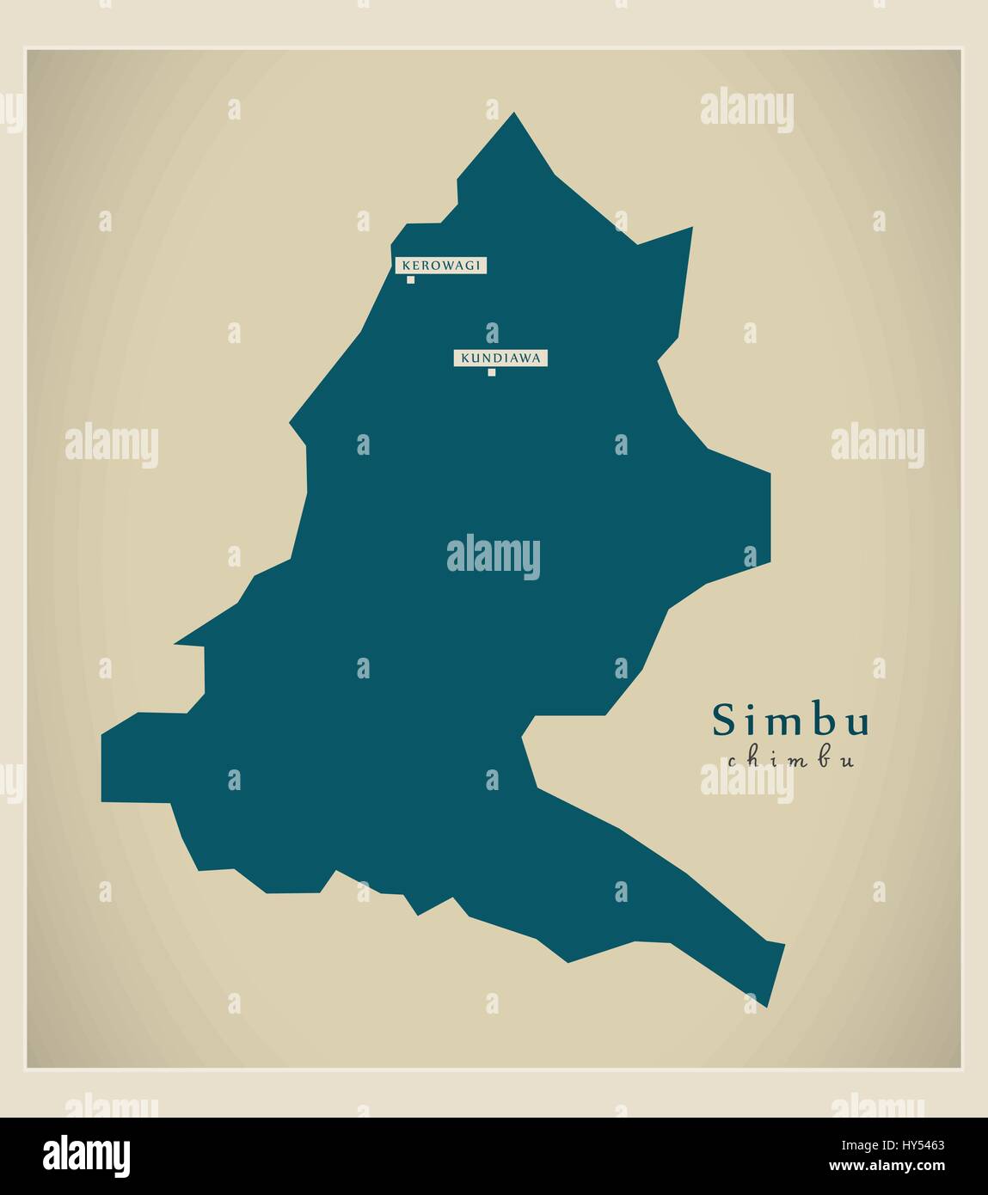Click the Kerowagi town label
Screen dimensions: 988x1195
pos(440,266)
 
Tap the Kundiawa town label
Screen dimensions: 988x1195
pos(500,358)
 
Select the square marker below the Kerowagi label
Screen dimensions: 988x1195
pos(411,279)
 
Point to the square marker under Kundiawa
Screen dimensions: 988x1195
pos(492,372)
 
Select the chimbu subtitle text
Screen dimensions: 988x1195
pos(790,760)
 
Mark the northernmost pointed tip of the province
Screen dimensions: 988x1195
pos(514,113)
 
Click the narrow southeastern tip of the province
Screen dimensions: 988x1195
pos(766,1004)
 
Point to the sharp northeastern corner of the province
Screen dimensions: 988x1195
pos(691,229)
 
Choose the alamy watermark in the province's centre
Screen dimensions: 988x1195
pos(494,556)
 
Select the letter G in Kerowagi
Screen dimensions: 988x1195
pos(470,266)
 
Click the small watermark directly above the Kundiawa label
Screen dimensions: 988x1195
pos(492,333)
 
